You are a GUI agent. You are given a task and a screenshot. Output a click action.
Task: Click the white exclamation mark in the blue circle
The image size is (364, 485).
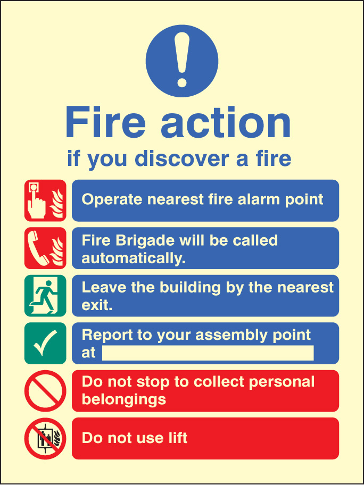(x=181, y=60)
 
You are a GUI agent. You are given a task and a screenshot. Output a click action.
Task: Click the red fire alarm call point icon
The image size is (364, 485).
(x=45, y=200)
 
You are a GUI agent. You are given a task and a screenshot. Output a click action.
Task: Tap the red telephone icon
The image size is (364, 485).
(x=45, y=248)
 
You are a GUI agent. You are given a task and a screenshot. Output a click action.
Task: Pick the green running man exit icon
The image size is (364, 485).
(x=45, y=296)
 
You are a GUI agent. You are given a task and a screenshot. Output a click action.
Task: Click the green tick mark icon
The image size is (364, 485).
(x=45, y=344)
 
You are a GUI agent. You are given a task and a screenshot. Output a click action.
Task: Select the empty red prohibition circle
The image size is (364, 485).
(x=45, y=391)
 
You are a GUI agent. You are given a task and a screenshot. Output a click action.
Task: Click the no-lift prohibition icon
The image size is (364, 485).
(x=45, y=439)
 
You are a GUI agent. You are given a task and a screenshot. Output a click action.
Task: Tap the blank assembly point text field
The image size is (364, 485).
(x=208, y=353)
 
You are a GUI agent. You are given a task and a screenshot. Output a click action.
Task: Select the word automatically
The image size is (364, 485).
(x=134, y=257)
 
